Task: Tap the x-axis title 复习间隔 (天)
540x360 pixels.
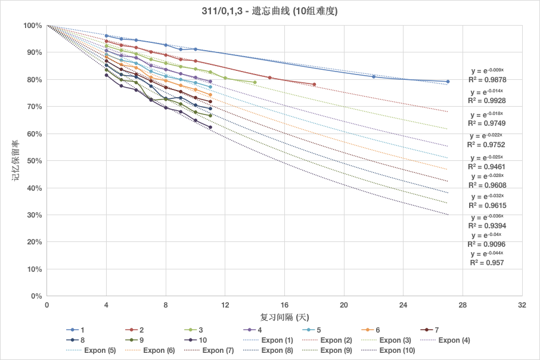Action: point(284,316)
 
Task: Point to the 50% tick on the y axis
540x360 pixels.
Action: point(33,161)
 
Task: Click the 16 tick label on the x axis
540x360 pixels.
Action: point(284,305)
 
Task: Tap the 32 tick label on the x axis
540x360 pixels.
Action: point(522,305)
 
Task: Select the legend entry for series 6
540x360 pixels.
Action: point(378,330)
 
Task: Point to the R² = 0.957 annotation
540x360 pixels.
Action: point(487,262)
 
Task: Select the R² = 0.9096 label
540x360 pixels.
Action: point(487,244)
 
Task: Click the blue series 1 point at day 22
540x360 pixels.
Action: point(374,76)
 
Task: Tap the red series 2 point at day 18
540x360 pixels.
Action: point(314,84)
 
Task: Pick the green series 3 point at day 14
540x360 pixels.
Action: point(255,82)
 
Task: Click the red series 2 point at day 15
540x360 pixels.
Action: point(269,77)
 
